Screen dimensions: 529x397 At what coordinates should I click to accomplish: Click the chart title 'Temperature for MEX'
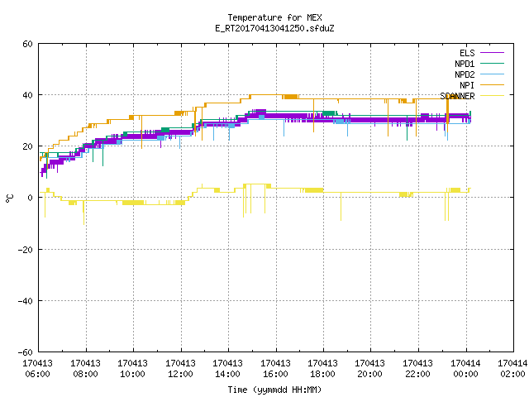[x=274, y=17]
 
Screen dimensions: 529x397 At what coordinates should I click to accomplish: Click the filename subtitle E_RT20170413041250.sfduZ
[x=274, y=28]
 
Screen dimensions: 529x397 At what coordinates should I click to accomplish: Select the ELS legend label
[x=467, y=53]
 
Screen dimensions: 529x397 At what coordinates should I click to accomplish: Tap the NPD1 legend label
[x=465, y=64]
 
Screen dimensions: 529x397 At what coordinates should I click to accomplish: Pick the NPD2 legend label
[x=465, y=74]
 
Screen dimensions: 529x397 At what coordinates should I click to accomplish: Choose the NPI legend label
[x=467, y=85]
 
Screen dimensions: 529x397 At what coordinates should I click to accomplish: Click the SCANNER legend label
[x=457, y=96]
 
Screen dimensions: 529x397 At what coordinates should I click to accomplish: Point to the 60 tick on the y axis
[x=27, y=44]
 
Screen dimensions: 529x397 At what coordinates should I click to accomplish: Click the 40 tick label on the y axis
[x=27, y=95]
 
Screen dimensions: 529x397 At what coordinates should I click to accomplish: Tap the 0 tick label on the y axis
[x=30, y=198]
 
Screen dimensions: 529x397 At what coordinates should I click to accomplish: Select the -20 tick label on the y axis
[x=26, y=250]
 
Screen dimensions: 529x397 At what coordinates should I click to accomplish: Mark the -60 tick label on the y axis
[x=26, y=352]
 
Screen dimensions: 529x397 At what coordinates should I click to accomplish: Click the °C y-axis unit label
[x=9, y=198]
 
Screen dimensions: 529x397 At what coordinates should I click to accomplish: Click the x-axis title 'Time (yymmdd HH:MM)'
[x=274, y=390]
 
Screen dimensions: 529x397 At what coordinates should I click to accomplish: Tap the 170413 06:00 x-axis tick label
[x=37, y=369]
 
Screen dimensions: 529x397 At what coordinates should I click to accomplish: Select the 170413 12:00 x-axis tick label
[x=180, y=369]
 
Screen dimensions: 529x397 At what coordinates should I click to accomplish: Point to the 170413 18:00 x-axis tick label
[x=323, y=369]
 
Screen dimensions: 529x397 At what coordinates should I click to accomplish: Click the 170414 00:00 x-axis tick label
[x=465, y=369]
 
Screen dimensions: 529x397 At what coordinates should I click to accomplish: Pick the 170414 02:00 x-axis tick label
[x=512, y=369]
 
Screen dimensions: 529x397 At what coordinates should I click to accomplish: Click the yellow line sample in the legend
[x=492, y=96]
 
